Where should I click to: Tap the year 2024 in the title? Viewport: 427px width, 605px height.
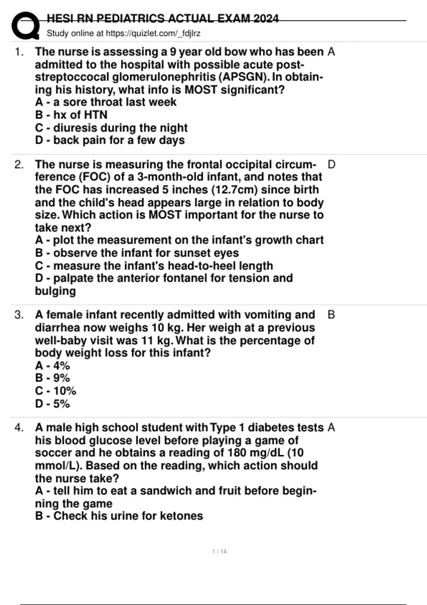(x=266, y=19)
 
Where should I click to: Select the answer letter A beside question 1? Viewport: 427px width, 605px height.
(x=331, y=52)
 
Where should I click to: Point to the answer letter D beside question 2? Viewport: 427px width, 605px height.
(x=331, y=164)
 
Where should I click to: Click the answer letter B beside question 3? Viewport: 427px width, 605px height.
(x=331, y=315)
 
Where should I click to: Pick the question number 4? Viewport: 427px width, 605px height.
(x=19, y=427)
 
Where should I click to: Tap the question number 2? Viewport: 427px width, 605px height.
(x=19, y=164)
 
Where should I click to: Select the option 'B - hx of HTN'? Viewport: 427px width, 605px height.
(x=71, y=115)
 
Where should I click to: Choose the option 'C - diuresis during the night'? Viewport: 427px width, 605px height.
(x=111, y=128)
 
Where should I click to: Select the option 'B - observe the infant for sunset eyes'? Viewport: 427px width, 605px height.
(x=137, y=253)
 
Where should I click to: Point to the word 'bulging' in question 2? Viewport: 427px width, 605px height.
(x=55, y=291)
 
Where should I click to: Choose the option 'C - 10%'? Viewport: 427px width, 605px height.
(x=56, y=391)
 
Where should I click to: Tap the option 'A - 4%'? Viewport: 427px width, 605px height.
(x=52, y=366)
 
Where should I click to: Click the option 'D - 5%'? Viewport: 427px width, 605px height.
(x=52, y=404)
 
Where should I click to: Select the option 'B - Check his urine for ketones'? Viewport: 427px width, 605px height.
(x=119, y=516)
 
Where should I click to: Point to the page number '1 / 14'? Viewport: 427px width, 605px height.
(x=219, y=552)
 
